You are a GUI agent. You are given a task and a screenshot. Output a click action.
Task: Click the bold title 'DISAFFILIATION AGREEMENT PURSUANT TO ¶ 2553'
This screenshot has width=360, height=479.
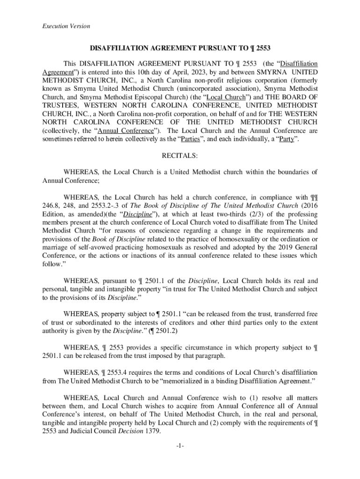click(180, 48)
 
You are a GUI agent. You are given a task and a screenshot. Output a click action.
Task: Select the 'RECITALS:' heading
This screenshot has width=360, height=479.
click(180, 155)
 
